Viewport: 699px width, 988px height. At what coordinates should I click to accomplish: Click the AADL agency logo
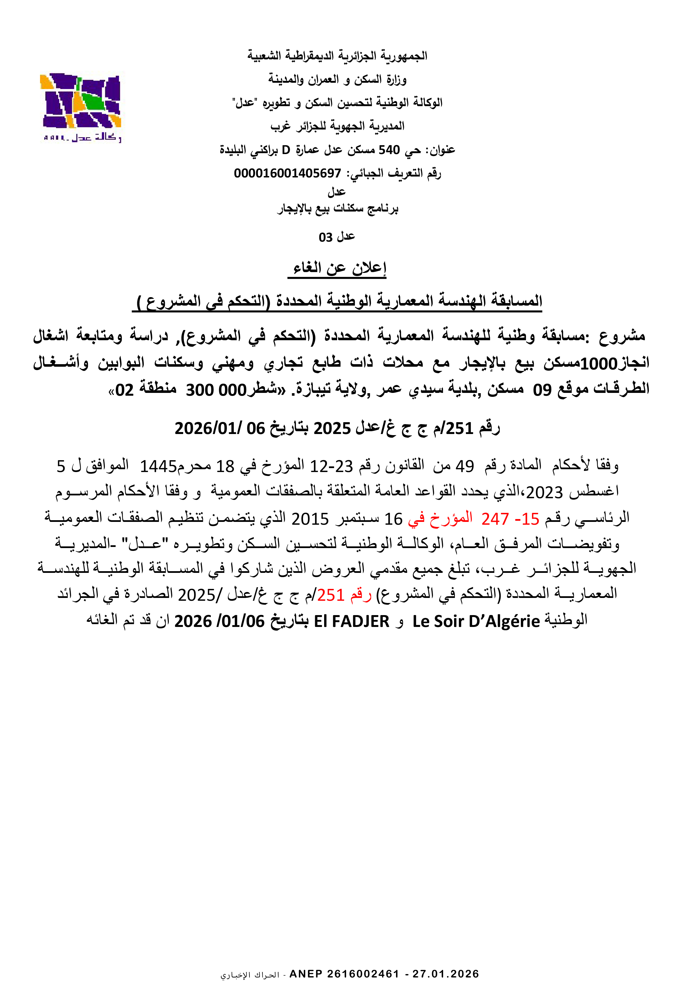pyautogui.click(x=81, y=106)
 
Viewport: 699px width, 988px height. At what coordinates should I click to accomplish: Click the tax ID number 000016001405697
pyautogui.click(x=287, y=173)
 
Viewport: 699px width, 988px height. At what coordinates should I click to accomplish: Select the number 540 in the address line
pyautogui.click(x=389, y=150)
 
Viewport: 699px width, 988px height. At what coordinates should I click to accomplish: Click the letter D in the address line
pyautogui.click(x=286, y=150)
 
